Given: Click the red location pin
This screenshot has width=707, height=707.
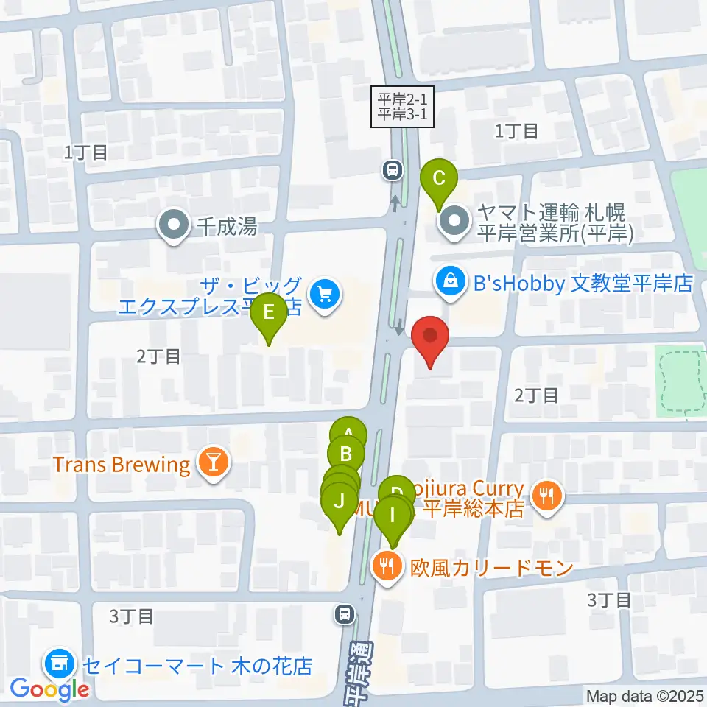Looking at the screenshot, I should coord(429,338).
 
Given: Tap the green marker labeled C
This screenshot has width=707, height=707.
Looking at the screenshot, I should coord(439,179).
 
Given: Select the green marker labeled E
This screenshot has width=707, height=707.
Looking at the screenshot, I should coord(269,313).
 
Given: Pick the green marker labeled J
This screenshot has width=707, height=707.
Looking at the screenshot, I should coord(339,503).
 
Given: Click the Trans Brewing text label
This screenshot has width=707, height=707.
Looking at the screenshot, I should coord(122,465).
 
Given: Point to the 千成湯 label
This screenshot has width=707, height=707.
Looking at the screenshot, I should coord(227,226).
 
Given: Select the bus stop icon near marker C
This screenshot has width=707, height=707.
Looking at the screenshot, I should coord(393,171).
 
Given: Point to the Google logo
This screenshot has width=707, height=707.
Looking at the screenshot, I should coord(50,689).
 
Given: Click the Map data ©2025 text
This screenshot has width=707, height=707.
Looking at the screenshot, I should coord(645,696).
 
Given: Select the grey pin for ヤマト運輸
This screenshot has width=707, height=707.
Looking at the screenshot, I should coord(454,222).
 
